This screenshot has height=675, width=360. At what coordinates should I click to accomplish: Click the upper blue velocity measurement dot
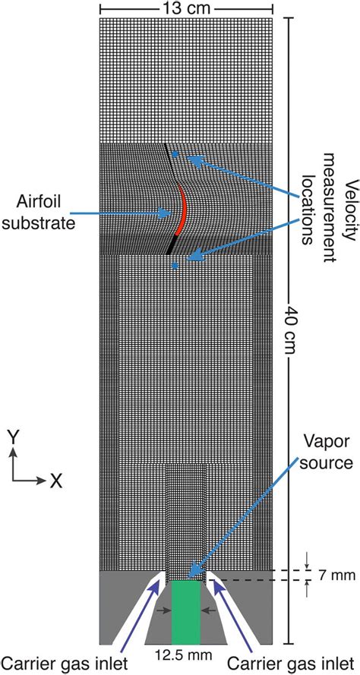175,154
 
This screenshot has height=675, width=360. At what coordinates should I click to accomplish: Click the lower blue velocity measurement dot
175,265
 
